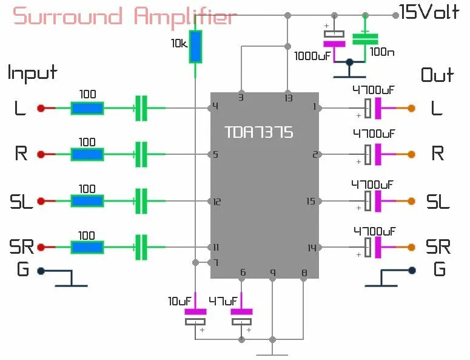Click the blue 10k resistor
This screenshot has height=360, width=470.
[195, 47]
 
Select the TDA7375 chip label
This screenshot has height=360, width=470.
[259, 132]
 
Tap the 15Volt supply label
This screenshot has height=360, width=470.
[429, 12]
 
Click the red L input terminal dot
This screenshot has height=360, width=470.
[41, 108]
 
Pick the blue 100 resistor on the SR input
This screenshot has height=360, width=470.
[87, 248]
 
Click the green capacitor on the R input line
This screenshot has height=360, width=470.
[141, 154]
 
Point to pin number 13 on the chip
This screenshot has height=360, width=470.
[288, 98]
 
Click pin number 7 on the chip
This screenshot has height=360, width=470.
[215, 263]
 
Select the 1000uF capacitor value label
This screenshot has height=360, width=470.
[312, 56]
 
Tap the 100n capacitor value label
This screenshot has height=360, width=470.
[382, 52]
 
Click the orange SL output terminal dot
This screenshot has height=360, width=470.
[411, 201]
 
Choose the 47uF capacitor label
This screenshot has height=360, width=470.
[223, 301]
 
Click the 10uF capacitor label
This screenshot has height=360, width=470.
[180, 301]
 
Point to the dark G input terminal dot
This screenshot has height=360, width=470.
[41, 271]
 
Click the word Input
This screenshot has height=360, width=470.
[32, 73]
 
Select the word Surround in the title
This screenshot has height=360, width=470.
[68, 16]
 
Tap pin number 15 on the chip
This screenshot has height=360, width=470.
[311, 201]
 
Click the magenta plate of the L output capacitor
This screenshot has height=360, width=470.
[378, 108]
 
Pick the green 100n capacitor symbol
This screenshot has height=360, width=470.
[365, 39]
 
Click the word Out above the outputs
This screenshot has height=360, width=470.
[437, 75]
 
